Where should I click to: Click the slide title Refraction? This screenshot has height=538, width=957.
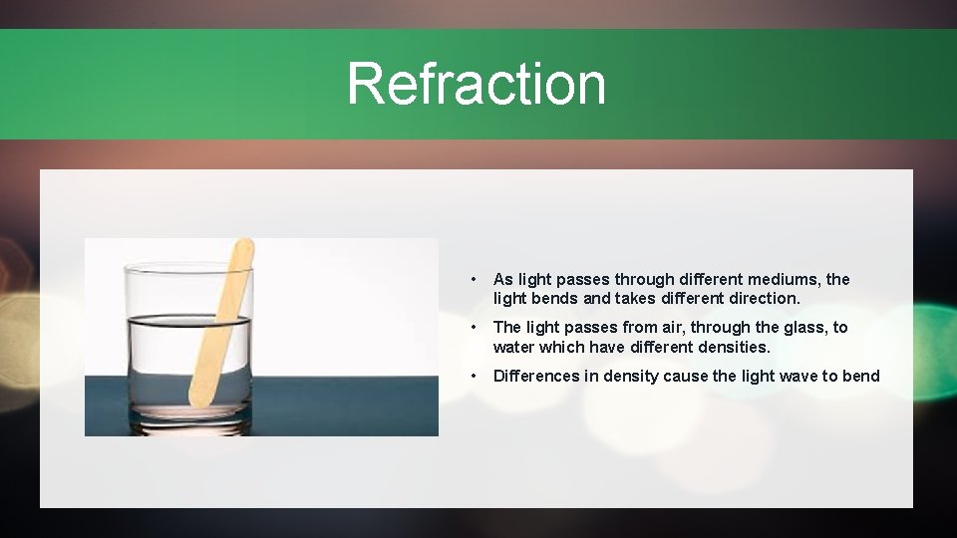[x=476, y=83]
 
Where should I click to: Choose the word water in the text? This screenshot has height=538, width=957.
[x=515, y=347]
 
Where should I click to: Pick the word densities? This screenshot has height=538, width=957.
[x=733, y=347]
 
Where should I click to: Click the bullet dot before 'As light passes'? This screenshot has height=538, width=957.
[x=477, y=280]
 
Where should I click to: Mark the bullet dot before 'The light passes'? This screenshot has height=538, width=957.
[x=477, y=328]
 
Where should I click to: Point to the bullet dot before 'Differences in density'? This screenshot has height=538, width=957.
[x=477, y=376]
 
